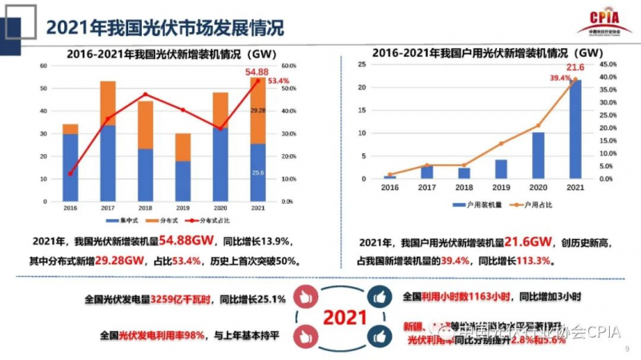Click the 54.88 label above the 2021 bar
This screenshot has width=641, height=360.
point(257,72)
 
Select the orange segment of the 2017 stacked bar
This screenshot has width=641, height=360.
point(107,103)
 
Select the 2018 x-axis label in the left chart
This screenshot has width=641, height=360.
point(145,209)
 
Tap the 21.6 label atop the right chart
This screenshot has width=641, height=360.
point(575,67)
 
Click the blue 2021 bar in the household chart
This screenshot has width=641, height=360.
point(575,128)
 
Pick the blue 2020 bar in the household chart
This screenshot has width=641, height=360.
point(538,156)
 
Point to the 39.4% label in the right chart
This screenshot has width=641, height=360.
point(559,78)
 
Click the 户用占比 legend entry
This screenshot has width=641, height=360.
point(527,206)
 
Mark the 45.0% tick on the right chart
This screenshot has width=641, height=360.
point(608,64)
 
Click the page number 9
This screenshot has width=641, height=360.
point(627,350)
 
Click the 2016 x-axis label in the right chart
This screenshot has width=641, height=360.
point(389,188)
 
